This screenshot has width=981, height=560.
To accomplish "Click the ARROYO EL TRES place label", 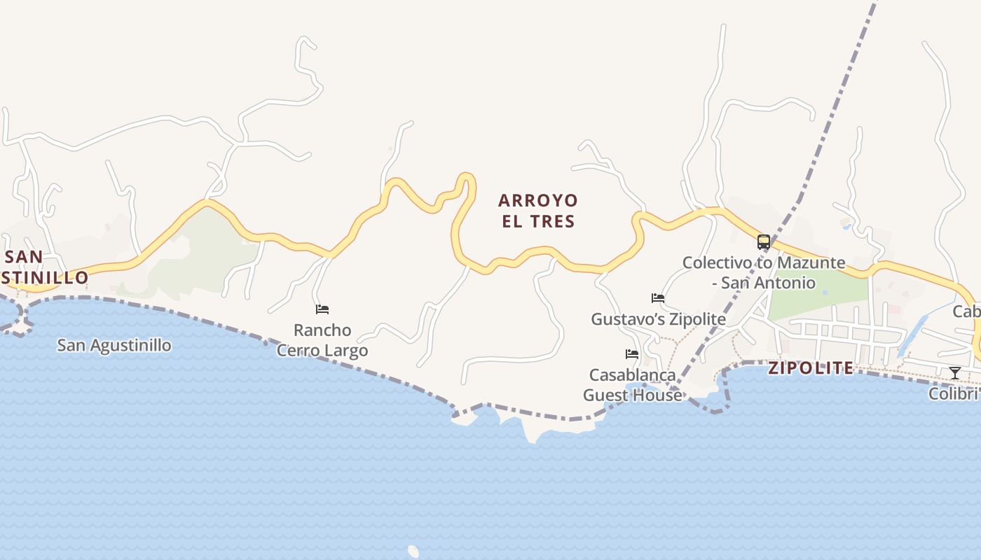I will (537, 211).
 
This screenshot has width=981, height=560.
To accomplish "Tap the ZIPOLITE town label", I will (811, 368).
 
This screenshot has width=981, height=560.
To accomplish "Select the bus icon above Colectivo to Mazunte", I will (764, 242).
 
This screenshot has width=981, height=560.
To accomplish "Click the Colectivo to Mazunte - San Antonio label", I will (764, 273).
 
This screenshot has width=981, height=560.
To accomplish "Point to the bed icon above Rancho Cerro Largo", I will (322, 309).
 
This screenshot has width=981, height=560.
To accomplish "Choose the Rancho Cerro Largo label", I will (322, 339).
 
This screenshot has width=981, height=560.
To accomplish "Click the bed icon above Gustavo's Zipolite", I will (657, 298).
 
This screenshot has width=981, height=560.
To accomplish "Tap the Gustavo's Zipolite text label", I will (658, 319).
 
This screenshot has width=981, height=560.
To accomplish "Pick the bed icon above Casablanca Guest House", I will (632, 354).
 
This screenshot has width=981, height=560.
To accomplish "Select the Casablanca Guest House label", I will (632, 385).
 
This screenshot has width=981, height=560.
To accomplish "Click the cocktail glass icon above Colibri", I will (954, 372).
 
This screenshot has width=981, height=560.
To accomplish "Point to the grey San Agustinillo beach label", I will (114, 345).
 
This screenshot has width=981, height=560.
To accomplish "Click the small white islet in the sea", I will (413, 552).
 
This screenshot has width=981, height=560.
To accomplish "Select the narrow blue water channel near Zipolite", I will (912, 335).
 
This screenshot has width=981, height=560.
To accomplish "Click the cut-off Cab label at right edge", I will (967, 311).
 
